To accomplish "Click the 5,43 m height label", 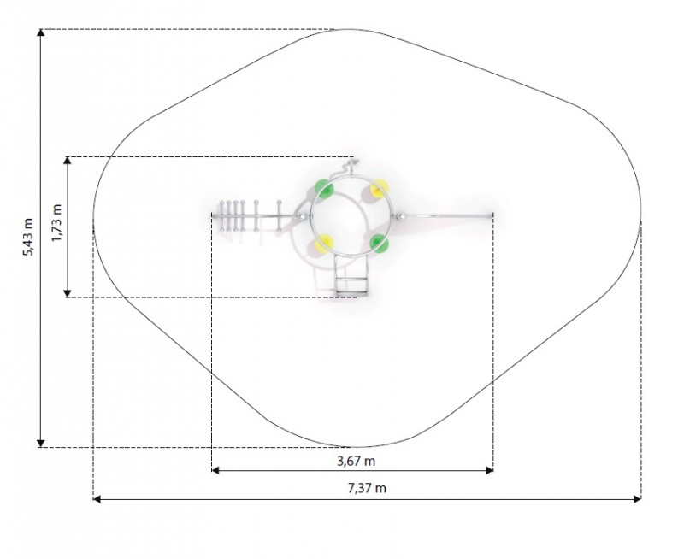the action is [28, 237].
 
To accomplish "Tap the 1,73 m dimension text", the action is [56, 222].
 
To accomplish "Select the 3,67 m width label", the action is [356, 461].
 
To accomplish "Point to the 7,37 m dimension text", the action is [367, 488].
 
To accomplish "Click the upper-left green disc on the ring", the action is [324, 189].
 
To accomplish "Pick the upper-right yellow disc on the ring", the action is [379, 188].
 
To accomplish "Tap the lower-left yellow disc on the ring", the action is [324, 244].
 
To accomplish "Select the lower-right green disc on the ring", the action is [379, 244].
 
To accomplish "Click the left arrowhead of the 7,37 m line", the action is [97, 499].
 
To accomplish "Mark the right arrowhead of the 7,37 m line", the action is [637, 499].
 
